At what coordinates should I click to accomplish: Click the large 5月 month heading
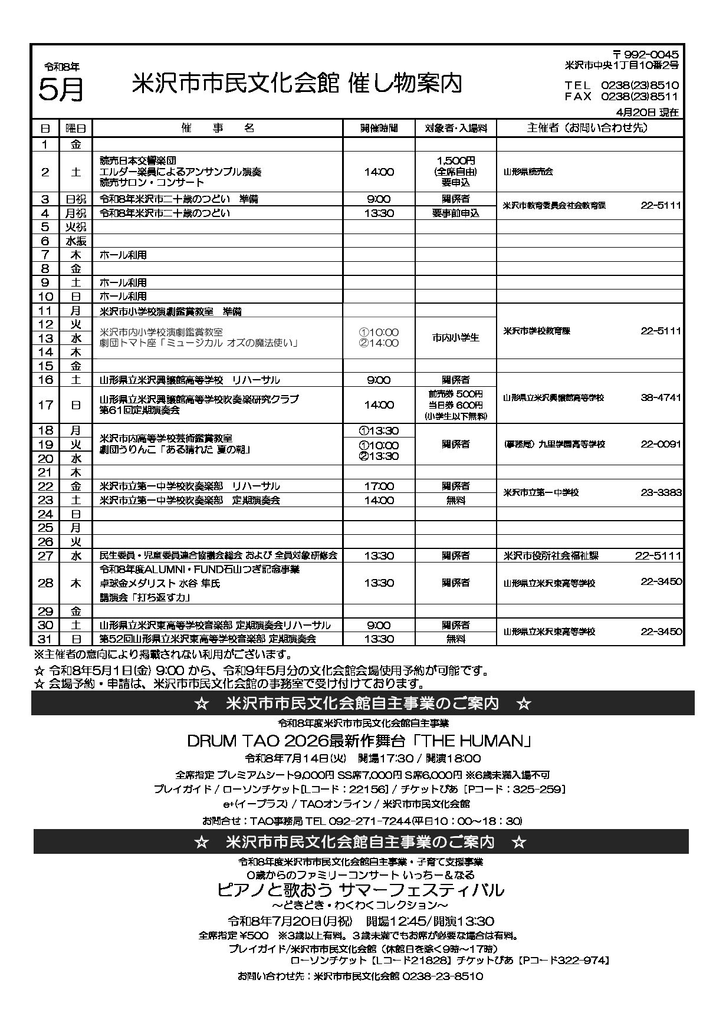point(61,90)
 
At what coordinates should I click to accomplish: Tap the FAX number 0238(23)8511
point(639,97)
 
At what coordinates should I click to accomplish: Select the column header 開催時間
point(379,128)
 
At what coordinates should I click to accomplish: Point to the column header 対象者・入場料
point(455,128)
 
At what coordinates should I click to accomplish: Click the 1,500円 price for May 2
point(456,160)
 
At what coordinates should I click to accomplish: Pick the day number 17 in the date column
point(45,405)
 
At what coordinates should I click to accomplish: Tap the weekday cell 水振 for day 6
point(76,241)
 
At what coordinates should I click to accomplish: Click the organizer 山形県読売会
point(528,172)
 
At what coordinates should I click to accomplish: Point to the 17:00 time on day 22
point(379,486)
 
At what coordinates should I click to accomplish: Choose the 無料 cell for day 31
point(455,639)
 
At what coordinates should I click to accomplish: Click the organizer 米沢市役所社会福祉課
point(551,555)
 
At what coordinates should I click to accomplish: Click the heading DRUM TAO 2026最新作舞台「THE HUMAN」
point(359,741)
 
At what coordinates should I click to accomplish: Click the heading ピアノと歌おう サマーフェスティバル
point(360,889)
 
